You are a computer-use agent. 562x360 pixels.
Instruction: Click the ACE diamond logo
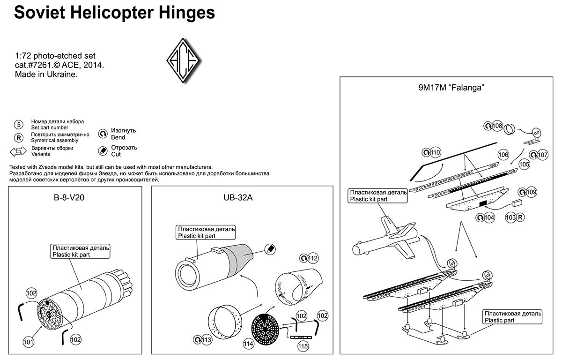[x=184, y=61]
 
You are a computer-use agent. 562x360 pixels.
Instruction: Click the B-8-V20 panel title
[x=69, y=197]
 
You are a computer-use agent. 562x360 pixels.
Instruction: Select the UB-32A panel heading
[x=238, y=197]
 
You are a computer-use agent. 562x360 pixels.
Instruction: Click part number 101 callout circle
[x=29, y=343]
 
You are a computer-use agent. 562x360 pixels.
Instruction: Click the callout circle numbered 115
[x=303, y=346]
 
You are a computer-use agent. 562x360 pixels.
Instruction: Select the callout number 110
[x=435, y=152]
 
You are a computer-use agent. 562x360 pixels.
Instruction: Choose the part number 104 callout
[x=489, y=217]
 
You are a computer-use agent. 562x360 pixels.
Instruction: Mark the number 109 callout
[x=531, y=192]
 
